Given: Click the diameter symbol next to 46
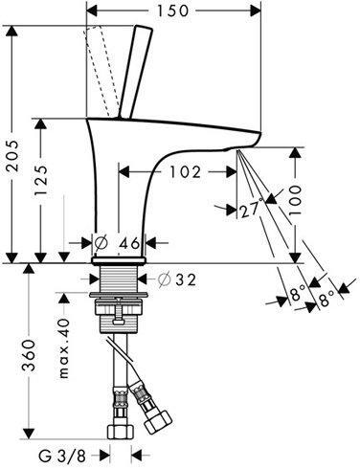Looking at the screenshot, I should tap(101, 243).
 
